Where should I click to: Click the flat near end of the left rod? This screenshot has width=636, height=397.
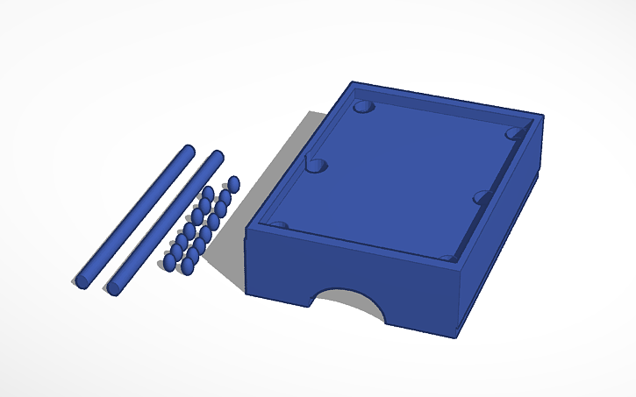[x=82, y=281]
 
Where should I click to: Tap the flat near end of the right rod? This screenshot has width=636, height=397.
[x=114, y=287]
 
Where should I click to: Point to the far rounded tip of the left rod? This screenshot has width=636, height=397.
[x=188, y=149]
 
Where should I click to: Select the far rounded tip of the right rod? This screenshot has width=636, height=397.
[x=217, y=155]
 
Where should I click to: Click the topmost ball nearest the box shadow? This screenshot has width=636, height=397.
[x=233, y=184]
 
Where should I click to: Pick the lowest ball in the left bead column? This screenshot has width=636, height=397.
[x=170, y=262]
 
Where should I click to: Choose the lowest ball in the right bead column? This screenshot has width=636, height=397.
[x=187, y=266]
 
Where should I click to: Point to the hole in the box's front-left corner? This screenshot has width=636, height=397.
[x=279, y=225]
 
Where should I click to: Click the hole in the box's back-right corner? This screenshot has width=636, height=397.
[x=515, y=133]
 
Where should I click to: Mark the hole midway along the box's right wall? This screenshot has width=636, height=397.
[x=482, y=198]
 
